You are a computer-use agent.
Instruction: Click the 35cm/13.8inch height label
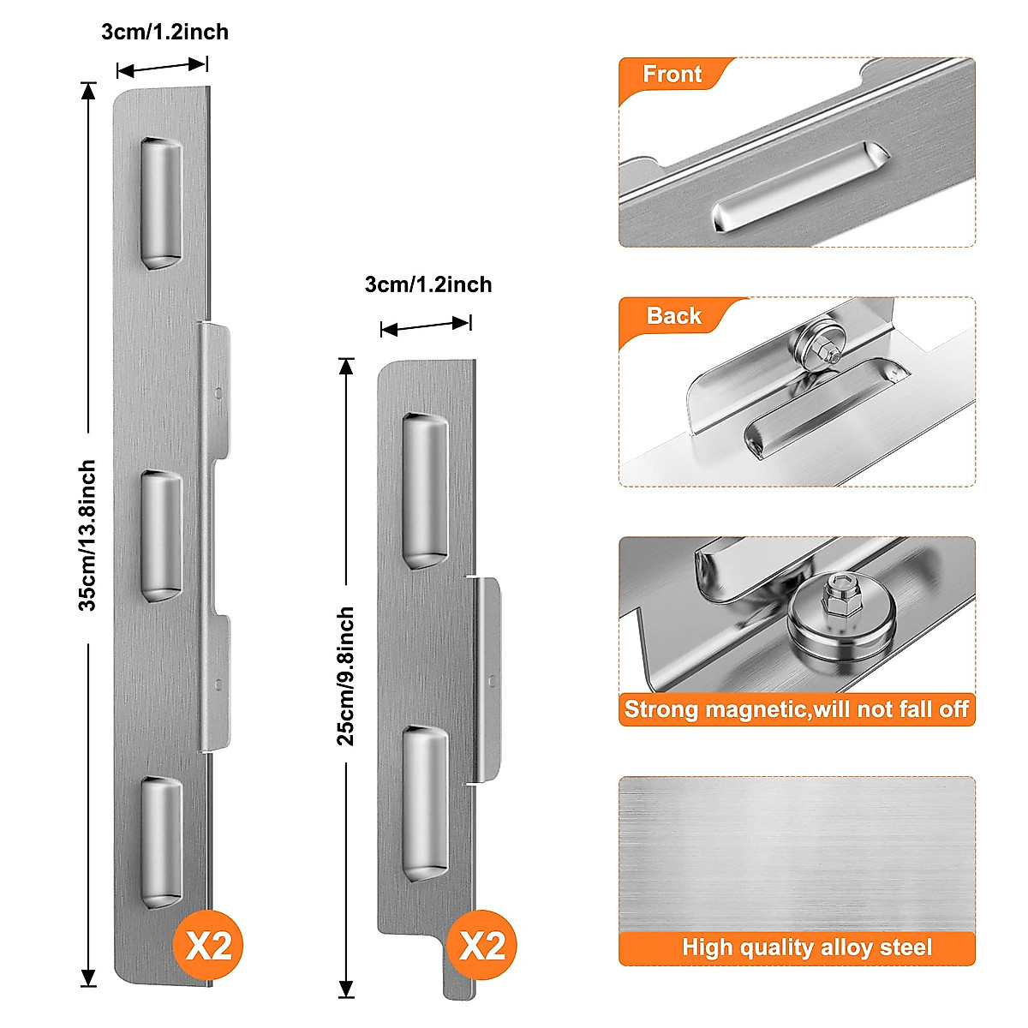[x=87, y=535]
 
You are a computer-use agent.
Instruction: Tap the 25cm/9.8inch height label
[x=345, y=677]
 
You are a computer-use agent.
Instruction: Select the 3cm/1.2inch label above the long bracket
[x=164, y=33]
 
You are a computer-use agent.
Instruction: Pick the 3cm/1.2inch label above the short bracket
[x=428, y=284]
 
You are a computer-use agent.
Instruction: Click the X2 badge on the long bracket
[x=209, y=946]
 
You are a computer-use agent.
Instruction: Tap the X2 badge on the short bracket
[x=482, y=946]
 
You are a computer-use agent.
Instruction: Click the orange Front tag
[x=672, y=75]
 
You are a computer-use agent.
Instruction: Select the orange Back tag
[x=673, y=316]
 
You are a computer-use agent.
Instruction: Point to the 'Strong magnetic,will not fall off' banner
[x=797, y=709]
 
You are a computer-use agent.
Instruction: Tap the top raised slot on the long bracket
[x=161, y=202]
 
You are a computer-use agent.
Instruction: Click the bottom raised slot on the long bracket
[x=161, y=842]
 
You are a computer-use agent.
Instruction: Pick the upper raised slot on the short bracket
[x=425, y=491]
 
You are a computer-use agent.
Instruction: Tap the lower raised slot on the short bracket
[x=425, y=804]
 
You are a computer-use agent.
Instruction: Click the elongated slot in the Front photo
[x=801, y=188]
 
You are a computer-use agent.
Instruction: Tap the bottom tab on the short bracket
[x=458, y=972]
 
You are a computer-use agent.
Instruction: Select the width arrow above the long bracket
[x=162, y=67]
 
